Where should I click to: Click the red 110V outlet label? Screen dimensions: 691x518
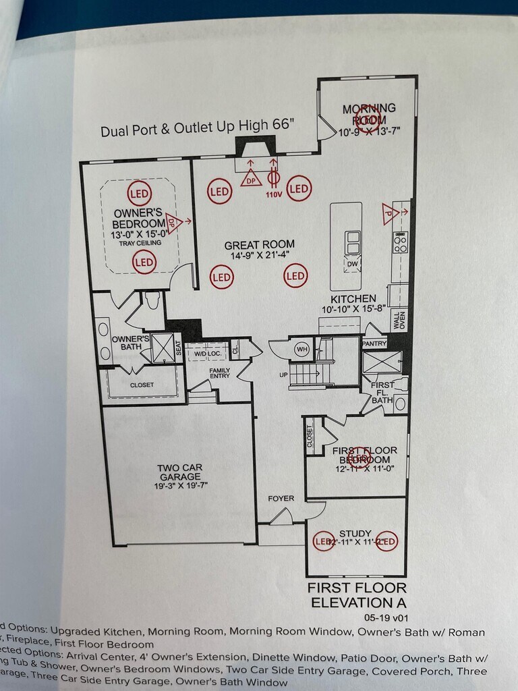pos(273,195)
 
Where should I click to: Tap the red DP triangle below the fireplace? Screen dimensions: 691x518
pos(251,179)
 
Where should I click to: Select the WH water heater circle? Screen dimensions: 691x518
pos(302,350)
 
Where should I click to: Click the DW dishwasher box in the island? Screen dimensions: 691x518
pos(352,264)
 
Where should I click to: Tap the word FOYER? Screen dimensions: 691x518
pos(281,499)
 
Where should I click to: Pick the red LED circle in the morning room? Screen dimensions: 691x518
pos(368,118)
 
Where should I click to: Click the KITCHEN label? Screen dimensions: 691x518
pos(353,298)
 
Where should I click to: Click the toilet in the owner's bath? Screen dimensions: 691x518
pos(152,302)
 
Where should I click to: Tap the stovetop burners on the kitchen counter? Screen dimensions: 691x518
pos(400,242)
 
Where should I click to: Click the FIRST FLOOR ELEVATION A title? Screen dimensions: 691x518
pos(357,595)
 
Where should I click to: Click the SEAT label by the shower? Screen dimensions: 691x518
pos(179,348)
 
